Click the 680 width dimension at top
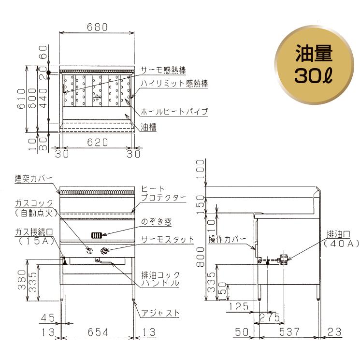pyautogui.click(x=97, y=27)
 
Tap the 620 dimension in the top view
pyautogui.click(x=97, y=143)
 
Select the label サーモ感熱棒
pyautogui.click(x=163, y=70)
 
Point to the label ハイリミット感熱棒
pyautogui.click(x=174, y=83)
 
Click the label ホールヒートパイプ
pyautogui.click(x=174, y=112)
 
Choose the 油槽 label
pyautogui.click(x=149, y=127)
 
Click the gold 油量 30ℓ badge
pyautogui.click(x=314, y=65)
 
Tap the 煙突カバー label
pyautogui.click(x=33, y=179)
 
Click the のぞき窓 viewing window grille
pyautogui.click(x=97, y=235)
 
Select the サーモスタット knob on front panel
pyautogui.click(x=104, y=251)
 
